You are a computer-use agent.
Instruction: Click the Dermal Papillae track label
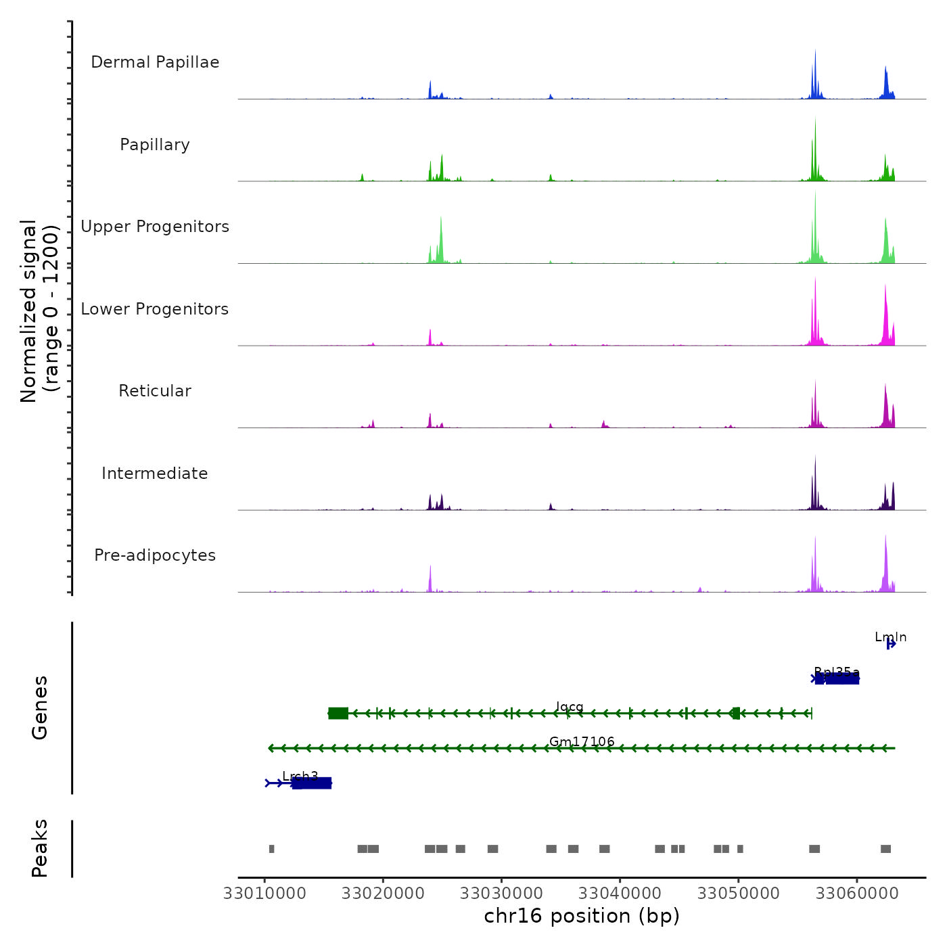pos(155,62)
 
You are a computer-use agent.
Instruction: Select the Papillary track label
pos(155,145)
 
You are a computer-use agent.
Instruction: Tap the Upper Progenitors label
pos(155,227)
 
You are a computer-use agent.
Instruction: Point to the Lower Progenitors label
pos(155,309)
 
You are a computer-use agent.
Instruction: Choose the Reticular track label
pos(155,391)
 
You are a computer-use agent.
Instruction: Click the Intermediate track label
pos(155,473)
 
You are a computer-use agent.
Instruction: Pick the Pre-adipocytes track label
pos(155,555)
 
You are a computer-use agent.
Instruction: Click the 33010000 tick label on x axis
pos(264,894)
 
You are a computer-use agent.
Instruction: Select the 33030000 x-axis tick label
pos(501,894)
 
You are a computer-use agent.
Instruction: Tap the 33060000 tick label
pos(857,894)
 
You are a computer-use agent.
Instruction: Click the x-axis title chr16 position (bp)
pos(582,917)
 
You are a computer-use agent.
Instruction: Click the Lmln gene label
pos(890,637)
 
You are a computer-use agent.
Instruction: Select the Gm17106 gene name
pos(582,742)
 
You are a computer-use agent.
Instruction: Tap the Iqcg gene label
pos(570,707)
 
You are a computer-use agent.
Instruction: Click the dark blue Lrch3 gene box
pos(312,783)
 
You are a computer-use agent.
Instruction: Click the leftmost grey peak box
pos(271,849)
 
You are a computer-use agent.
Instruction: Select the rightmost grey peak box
pos(885,849)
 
